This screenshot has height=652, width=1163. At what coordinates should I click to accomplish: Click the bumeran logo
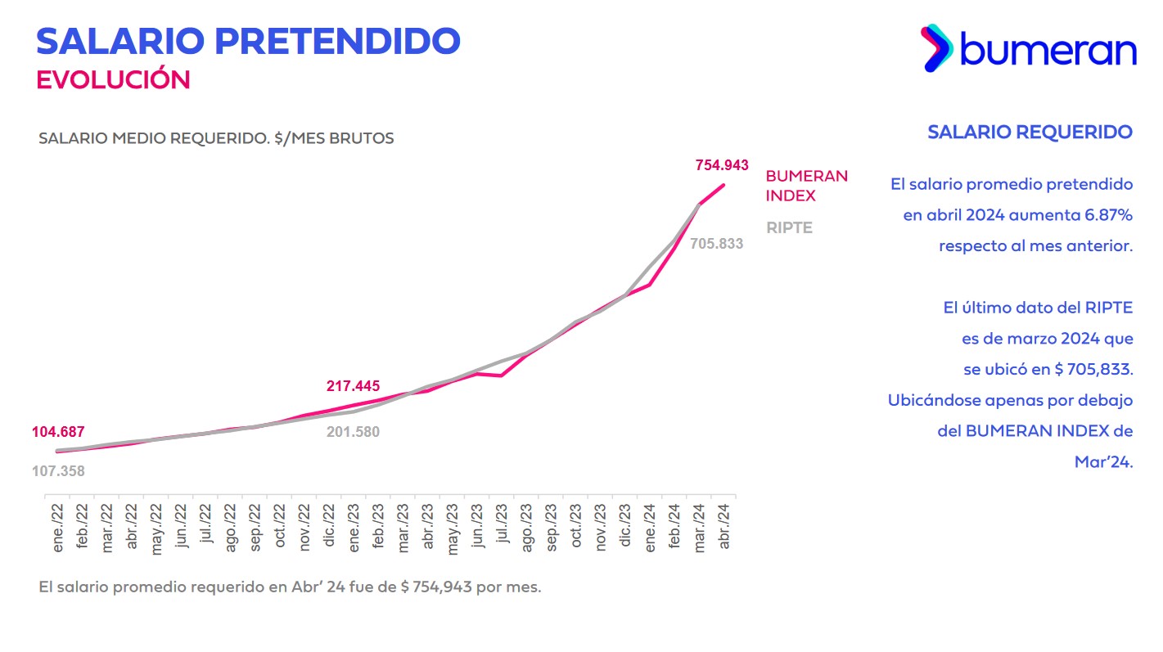click(x=1029, y=48)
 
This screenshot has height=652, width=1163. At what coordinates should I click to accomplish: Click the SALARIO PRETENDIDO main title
click(x=248, y=41)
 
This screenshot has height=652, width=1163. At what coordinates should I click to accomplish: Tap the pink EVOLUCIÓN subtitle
click(x=113, y=79)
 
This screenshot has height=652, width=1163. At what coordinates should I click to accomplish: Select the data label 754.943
click(x=722, y=165)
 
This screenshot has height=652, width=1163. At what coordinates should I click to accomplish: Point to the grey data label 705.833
click(x=716, y=243)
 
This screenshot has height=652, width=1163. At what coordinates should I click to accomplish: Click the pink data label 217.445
click(x=353, y=386)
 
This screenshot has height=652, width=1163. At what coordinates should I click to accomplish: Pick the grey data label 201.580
click(x=353, y=431)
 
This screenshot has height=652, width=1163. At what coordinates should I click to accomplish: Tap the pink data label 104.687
click(x=58, y=432)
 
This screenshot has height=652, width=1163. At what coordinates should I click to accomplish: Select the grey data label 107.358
click(x=58, y=471)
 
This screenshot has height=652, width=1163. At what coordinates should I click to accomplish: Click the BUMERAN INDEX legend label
click(x=806, y=186)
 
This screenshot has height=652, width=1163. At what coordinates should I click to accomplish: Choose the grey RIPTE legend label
click(x=789, y=228)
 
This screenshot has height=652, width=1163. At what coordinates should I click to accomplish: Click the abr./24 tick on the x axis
click(x=723, y=528)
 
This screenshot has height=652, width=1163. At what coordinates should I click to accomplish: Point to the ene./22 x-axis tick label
click(x=58, y=528)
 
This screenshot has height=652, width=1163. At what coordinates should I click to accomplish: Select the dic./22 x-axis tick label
click(x=329, y=528)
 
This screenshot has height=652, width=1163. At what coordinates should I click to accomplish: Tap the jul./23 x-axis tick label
click(x=502, y=528)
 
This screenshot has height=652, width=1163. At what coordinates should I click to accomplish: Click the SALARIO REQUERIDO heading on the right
click(x=1030, y=132)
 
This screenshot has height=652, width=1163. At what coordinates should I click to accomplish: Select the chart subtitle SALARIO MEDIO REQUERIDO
click(x=216, y=138)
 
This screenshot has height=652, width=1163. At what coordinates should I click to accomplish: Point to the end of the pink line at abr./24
click(x=724, y=185)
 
